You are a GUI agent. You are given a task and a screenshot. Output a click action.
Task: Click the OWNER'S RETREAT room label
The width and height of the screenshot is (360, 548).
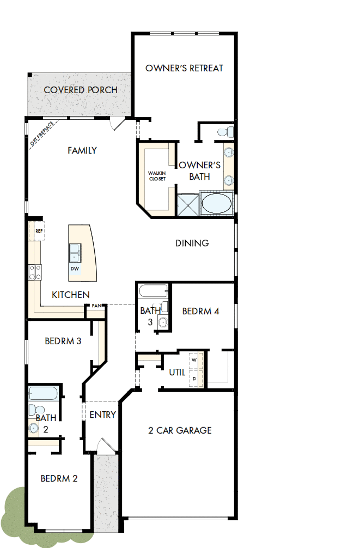[185, 68]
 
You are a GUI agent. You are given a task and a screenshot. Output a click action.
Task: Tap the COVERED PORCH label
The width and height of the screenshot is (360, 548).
[81, 90]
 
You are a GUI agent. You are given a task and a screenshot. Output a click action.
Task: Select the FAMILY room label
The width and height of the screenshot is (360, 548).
[82, 150]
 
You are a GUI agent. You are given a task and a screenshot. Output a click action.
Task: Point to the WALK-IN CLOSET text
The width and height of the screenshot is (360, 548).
[157, 176]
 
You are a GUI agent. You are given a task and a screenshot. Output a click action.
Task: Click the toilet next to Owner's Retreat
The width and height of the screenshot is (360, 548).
[225, 131]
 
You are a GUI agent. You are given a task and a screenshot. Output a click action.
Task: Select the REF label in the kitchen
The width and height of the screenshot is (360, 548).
[39, 231]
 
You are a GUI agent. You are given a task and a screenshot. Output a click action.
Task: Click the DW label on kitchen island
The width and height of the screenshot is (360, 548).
[75, 269]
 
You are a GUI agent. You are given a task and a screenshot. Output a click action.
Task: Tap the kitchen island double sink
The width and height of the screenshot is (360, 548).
[75, 252]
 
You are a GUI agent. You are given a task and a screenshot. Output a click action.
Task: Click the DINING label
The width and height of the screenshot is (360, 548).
[192, 243]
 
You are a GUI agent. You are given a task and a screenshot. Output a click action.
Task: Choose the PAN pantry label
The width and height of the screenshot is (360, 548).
[97, 306]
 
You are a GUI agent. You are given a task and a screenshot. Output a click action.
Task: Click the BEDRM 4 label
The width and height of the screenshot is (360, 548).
[200, 312]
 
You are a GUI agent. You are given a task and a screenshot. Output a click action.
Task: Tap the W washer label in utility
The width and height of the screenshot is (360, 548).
[194, 361]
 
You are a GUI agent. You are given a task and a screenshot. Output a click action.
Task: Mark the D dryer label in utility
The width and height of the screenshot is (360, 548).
[194, 377]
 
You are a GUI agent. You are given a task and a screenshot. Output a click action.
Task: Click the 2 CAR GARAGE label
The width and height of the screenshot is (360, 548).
[180, 430]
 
